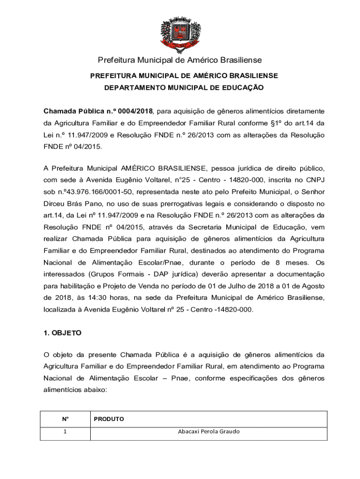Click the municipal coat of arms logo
pyautogui.click(x=180, y=33)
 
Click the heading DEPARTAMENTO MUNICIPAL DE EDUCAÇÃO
pyautogui.click(x=184, y=87)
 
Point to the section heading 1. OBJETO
pyautogui.click(x=62, y=333)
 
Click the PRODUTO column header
pyautogui.click(x=108, y=419)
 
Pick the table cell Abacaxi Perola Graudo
pyautogui.click(x=209, y=431)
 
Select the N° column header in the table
pyautogui.click(x=65, y=419)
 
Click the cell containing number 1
pyautogui.click(x=65, y=431)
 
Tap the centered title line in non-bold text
pyautogui.click(x=180, y=60)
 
